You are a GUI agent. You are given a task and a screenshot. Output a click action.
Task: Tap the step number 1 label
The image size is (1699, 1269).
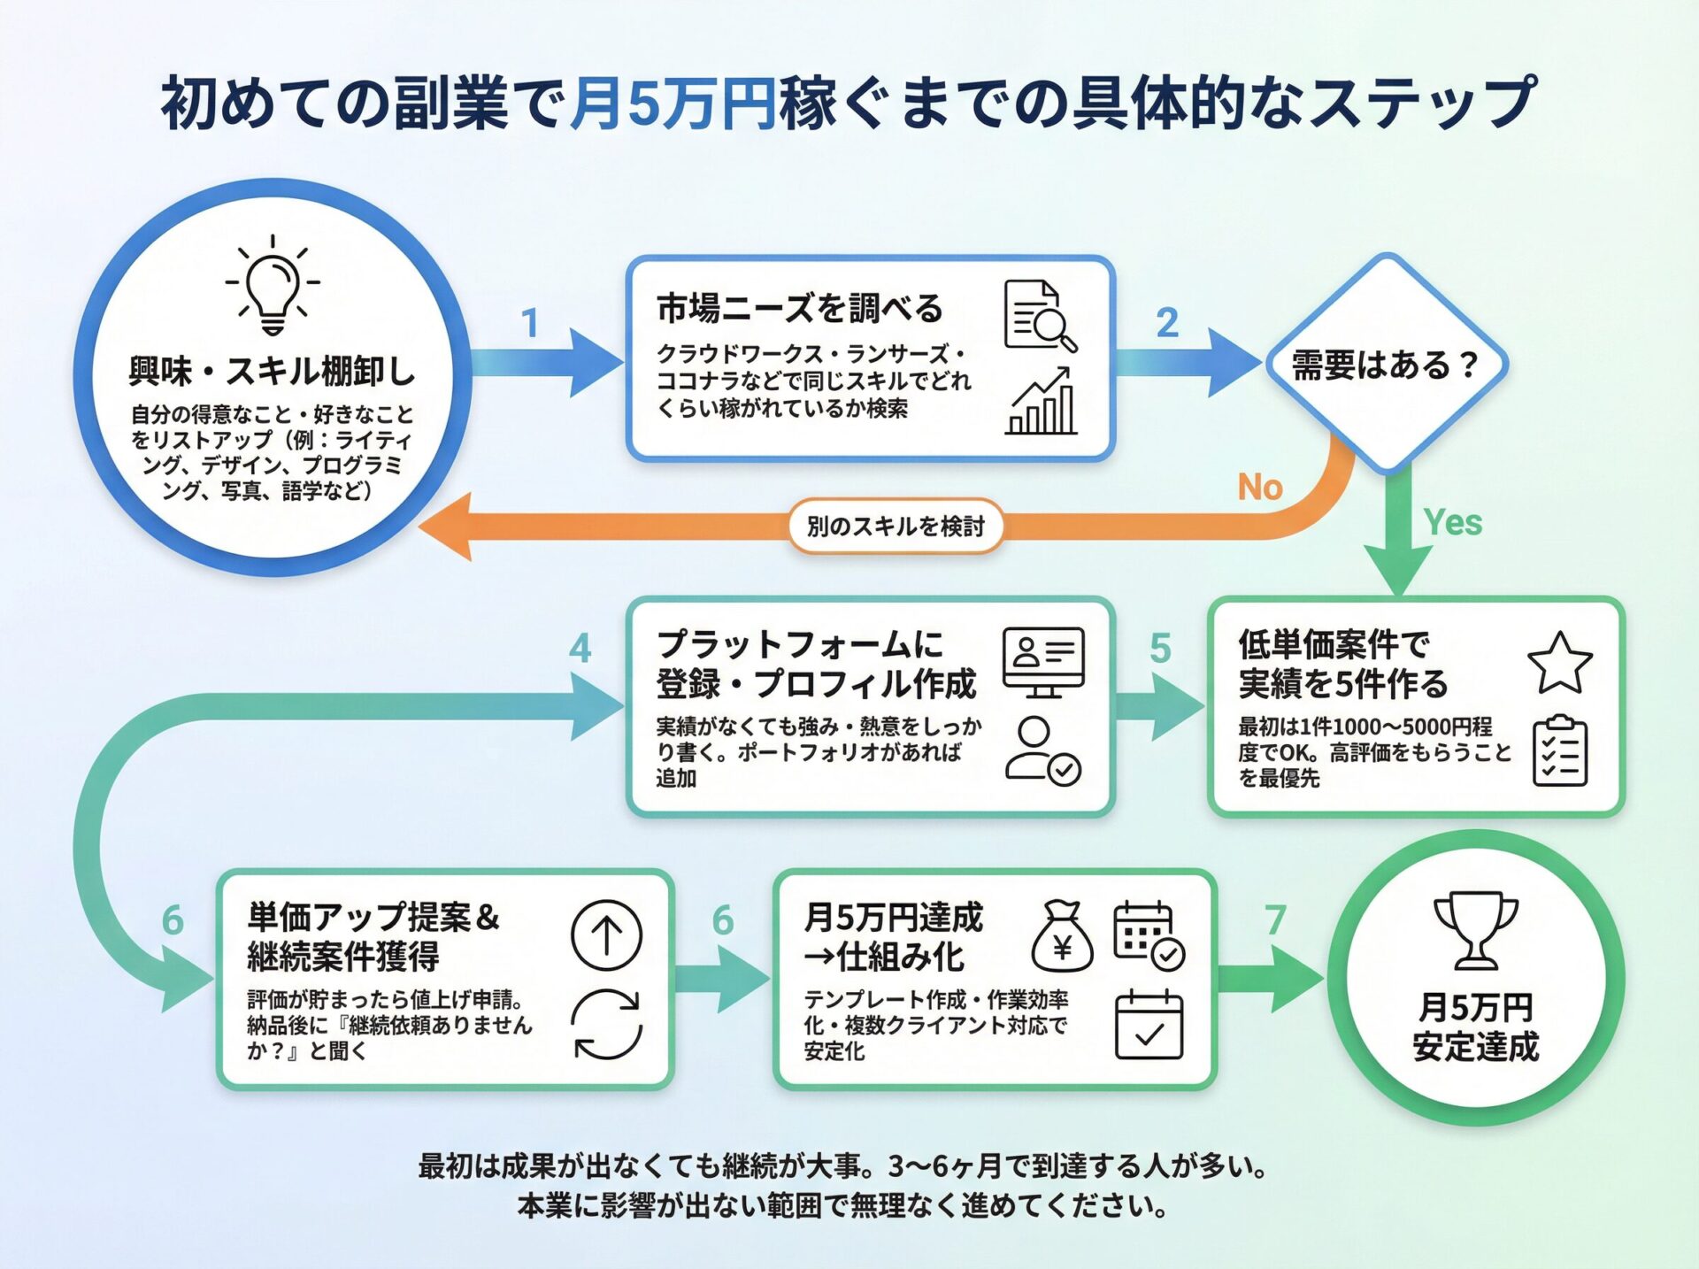[x=530, y=323]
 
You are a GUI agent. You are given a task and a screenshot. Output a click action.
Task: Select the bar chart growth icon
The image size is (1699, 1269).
[x=1042, y=403]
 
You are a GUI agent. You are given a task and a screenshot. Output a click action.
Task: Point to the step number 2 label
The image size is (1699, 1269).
[x=1167, y=323]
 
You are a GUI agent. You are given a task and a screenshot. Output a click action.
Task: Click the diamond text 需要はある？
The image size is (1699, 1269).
[x=1386, y=365]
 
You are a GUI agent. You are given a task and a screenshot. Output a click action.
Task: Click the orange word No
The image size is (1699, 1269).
[x=1260, y=488]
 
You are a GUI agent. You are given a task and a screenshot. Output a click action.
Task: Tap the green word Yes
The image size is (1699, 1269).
[x=1452, y=523]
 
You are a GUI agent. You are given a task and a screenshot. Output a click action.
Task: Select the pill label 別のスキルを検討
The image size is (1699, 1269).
[x=896, y=527]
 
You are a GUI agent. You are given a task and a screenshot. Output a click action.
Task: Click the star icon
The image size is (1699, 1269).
[x=1559, y=663]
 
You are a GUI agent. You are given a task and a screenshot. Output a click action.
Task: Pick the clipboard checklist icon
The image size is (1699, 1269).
[x=1559, y=751]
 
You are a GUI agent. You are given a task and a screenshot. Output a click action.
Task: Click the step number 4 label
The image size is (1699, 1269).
[x=580, y=649]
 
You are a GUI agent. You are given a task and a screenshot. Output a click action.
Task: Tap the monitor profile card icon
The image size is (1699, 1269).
[x=1043, y=662]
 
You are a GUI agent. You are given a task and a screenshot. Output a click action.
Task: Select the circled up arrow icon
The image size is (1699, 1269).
[x=606, y=935]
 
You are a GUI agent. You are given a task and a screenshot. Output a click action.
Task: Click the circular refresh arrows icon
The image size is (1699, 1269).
[x=606, y=1024]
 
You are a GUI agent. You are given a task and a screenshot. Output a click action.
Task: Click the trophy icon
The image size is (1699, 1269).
[x=1475, y=930]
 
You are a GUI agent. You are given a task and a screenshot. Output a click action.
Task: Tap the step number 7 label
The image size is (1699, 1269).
[x=1274, y=920]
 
